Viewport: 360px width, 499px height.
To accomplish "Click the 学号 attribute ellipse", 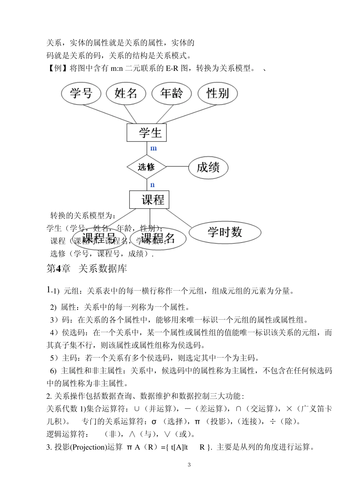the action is point(81,93).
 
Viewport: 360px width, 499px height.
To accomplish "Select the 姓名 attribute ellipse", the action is point(126,93).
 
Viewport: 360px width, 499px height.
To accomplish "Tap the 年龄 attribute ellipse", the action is point(171,93).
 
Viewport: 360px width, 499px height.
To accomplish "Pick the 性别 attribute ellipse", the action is point(218,93).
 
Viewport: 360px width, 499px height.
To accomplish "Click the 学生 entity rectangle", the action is point(147,133).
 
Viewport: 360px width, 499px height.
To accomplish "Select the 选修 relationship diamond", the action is point(146,167).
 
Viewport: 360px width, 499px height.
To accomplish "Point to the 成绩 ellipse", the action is point(208,167).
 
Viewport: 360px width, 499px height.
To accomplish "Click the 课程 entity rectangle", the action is point(149,199).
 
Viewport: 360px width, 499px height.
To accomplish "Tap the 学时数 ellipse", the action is point(225,232).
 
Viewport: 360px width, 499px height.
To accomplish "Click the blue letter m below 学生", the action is point(153,148).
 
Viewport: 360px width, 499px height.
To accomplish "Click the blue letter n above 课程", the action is point(152,185).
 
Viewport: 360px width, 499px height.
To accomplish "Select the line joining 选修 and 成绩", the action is point(177,166).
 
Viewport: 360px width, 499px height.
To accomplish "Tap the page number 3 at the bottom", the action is point(189,465).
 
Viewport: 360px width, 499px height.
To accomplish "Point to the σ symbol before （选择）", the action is point(154,422).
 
